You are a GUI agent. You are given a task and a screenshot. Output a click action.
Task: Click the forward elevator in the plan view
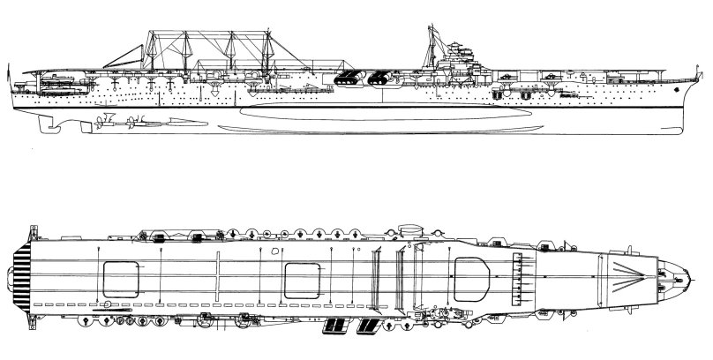pos(472,274)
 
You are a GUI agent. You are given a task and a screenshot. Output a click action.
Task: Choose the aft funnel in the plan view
pos(334,326)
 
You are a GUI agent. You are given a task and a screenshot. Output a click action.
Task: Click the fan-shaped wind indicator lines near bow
pos(634,274)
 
